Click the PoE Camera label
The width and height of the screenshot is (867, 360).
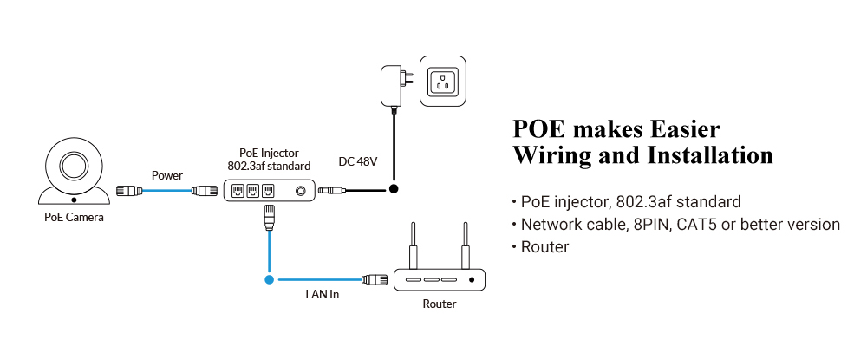pyautogui.click(x=74, y=218)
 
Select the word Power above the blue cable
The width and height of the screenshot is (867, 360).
pyautogui.click(x=167, y=175)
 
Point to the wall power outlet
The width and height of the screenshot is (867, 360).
pyautogui.click(x=444, y=83)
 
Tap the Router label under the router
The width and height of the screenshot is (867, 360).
pyautogui.click(x=439, y=304)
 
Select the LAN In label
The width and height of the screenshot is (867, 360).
pyautogui.click(x=322, y=295)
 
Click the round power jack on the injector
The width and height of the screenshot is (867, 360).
pyautogui.click(x=301, y=190)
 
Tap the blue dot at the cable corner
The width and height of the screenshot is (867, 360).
pyautogui.click(x=270, y=280)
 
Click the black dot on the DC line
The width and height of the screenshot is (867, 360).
pyautogui.click(x=394, y=188)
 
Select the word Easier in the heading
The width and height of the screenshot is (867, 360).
pyautogui.click(x=680, y=129)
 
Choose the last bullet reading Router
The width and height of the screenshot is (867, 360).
pyautogui.click(x=544, y=247)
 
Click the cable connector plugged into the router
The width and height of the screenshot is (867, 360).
pyautogui.click(x=375, y=280)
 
